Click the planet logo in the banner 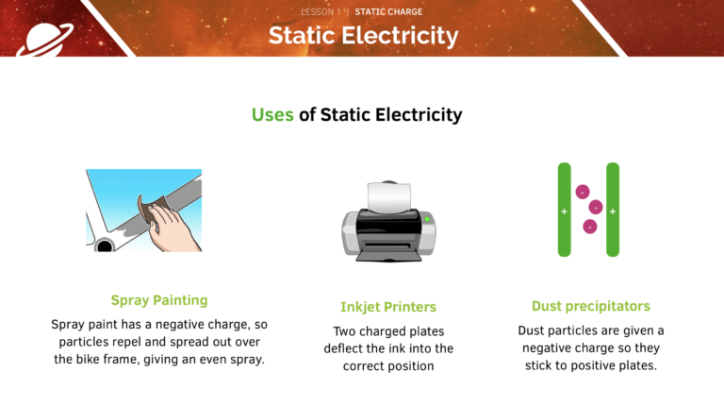point(44,40)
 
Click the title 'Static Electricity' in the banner point(363,36)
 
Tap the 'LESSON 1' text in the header point(321,12)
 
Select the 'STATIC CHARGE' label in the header point(388,12)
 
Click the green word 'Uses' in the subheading point(272,114)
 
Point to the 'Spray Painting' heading point(159,300)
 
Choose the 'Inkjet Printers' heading point(388,307)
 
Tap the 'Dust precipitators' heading point(590,306)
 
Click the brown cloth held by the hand point(152,208)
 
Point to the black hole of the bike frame point(105,246)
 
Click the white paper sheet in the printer point(388,196)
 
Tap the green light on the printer point(427,219)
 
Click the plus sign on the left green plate point(565,211)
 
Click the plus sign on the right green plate point(613,211)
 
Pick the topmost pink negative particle point(583,192)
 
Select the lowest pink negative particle point(590,227)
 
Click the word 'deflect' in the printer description point(341,348)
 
